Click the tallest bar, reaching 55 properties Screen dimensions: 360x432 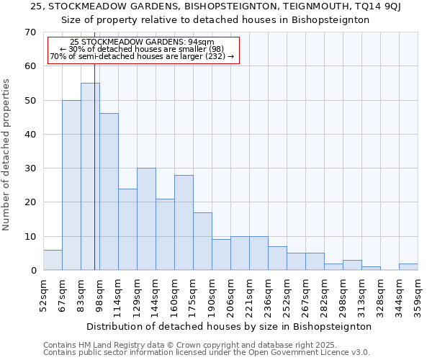click(x=90, y=176)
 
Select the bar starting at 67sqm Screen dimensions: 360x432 click(x=71, y=185)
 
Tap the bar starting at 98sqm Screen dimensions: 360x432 click(x=109, y=192)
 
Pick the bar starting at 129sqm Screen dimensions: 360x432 click(x=146, y=219)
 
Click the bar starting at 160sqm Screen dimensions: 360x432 click(x=184, y=222)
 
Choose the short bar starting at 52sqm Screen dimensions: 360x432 click(x=53, y=260)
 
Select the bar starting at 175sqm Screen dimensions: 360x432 click(x=202, y=241)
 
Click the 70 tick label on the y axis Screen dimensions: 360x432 click(x=30, y=32)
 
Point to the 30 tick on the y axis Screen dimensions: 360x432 click(x=30, y=168)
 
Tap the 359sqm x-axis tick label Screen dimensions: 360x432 click(x=418, y=297)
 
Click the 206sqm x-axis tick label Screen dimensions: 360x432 click(x=230, y=297)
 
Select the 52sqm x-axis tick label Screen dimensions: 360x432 click(x=43, y=297)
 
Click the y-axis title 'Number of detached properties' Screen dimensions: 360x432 click(x=6, y=154)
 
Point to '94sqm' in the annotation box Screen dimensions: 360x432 click(x=202, y=42)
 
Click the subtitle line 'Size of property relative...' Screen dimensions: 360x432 click(x=220, y=20)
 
